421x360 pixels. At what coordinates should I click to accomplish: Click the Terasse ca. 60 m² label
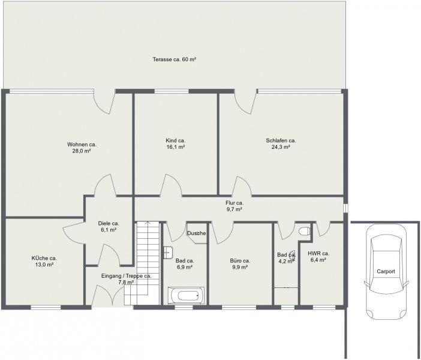[175, 59]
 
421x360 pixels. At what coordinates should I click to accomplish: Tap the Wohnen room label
[82, 148]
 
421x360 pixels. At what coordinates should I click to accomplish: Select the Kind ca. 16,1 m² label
[176, 144]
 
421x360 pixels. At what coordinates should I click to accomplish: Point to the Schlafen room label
[281, 144]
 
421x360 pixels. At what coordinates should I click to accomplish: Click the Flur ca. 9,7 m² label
[234, 206]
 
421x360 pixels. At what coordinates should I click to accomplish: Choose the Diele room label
[109, 226]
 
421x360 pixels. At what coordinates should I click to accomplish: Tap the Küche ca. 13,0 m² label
[44, 262]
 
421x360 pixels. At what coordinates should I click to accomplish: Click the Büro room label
[240, 264]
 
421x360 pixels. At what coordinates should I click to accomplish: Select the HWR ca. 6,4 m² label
[318, 257]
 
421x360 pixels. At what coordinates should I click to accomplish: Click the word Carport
[386, 271]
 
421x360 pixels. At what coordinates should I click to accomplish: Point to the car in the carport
[386, 271]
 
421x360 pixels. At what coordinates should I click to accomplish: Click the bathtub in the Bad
[186, 296]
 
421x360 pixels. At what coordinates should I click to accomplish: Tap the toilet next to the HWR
[305, 231]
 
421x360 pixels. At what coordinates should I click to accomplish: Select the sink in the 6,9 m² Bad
[169, 252]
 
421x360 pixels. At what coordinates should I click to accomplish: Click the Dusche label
[197, 233]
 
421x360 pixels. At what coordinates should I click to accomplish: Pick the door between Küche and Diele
[73, 233]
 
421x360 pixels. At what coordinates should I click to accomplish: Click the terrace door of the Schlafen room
[245, 102]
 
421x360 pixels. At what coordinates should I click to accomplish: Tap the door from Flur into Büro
[222, 232]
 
